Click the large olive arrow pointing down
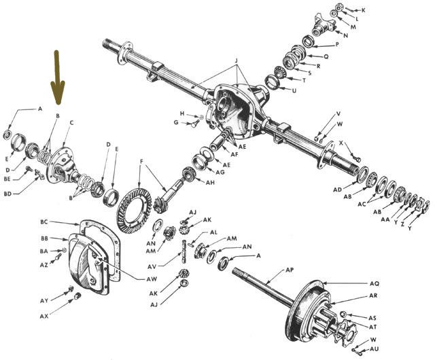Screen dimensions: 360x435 tap(57, 78)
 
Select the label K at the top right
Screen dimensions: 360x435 tap(363, 10)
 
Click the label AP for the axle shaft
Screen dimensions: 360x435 tap(289, 270)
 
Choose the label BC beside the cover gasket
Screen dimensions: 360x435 tap(44, 222)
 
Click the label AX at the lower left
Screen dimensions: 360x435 tap(44, 317)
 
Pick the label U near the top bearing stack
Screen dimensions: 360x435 tap(294, 90)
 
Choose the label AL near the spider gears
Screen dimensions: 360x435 tap(213, 232)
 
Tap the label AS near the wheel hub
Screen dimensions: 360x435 tap(372, 318)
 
